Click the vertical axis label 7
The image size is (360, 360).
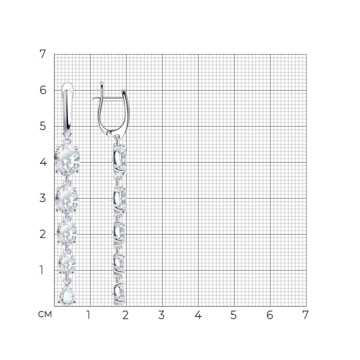pyautogui.click(x=43, y=54)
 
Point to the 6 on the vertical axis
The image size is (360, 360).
pyautogui.click(x=43, y=90)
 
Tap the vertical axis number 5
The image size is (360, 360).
pyautogui.click(x=43, y=126)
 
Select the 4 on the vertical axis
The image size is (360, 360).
pyautogui.click(x=43, y=162)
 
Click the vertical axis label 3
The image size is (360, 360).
pyautogui.click(x=43, y=198)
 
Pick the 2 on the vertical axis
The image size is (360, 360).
pyautogui.click(x=43, y=234)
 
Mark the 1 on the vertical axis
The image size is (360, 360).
pyautogui.click(x=41, y=270)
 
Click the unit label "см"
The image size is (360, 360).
pyautogui.click(x=45, y=314)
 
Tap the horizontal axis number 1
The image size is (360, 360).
pyautogui.click(x=89, y=315)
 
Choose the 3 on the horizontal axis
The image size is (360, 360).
pyautogui.click(x=161, y=315)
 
